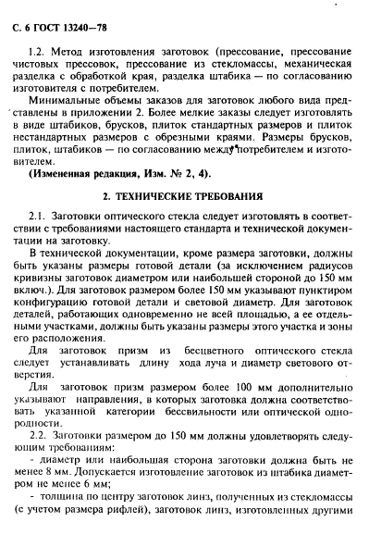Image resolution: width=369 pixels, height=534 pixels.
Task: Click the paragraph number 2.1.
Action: tap(39, 243)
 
